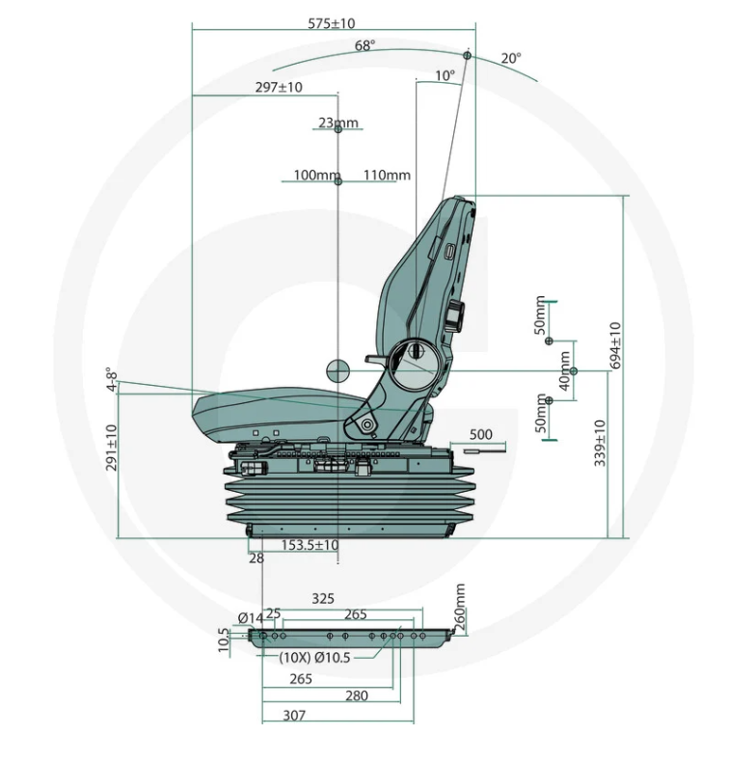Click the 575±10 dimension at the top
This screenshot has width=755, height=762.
click(x=332, y=23)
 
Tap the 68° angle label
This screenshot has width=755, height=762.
click(x=364, y=45)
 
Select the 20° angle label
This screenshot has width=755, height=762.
click(x=511, y=58)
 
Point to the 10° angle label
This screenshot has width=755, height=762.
click(x=445, y=75)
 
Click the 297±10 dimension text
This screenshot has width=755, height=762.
click(x=279, y=87)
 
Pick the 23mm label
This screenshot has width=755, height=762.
click(x=338, y=122)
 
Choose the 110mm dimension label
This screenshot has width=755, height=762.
click(x=388, y=175)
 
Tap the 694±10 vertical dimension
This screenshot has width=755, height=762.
click(x=615, y=345)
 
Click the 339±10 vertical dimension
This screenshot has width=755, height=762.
click(x=600, y=443)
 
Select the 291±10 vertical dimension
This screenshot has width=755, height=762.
click(x=112, y=448)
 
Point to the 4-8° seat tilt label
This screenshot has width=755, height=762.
click(x=112, y=379)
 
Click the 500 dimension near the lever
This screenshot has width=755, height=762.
click(x=481, y=434)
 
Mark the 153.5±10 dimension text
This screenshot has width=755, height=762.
click(x=310, y=545)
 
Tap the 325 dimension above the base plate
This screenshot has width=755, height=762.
click(x=323, y=599)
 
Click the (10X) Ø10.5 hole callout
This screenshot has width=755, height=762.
click(x=315, y=658)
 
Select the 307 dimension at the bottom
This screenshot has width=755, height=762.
click(x=294, y=716)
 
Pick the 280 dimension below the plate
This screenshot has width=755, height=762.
click(x=357, y=695)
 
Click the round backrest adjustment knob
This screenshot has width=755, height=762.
click(x=456, y=313)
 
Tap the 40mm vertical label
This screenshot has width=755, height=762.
click(x=564, y=370)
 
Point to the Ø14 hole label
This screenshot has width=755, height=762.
click(x=251, y=618)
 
